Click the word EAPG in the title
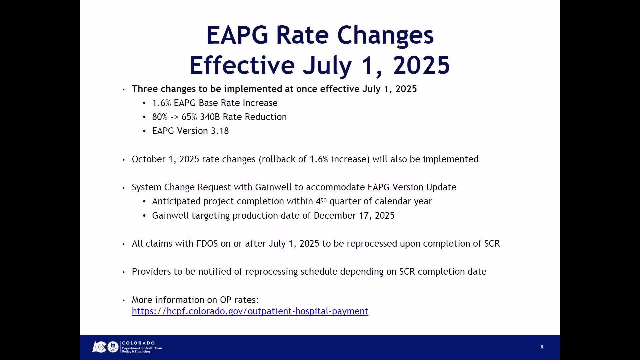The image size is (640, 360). click(x=237, y=35)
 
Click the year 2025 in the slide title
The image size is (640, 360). click(x=421, y=65)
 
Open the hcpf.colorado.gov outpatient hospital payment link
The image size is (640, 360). click(x=250, y=311)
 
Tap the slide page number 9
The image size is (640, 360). click(x=542, y=347)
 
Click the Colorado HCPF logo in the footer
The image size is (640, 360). click(x=127, y=347)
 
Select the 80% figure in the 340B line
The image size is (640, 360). click(x=160, y=117)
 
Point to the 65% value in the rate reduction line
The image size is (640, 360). click(x=189, y=117)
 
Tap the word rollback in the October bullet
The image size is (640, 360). click(x=279, y=159)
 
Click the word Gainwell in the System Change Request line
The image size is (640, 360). click(x=273, y=187)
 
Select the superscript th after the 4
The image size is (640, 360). click(x=324, y=199)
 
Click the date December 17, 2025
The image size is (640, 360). click(x=354, y=216)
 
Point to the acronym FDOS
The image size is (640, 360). click(x=207, y=244)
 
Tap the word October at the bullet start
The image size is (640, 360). click(x=149, y=159)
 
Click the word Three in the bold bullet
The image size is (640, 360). click(x=145, y=89)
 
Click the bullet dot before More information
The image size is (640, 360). click(x=124, y=300)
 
